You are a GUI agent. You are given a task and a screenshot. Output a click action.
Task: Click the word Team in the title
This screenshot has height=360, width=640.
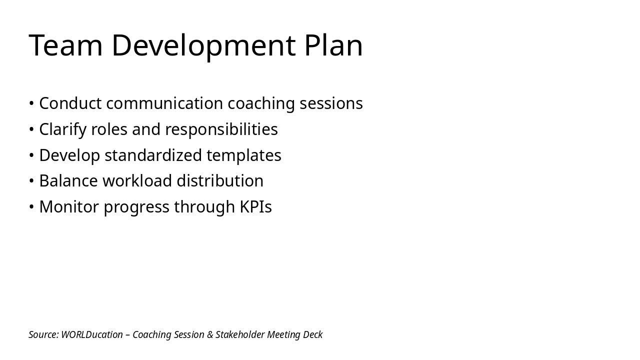(x=66, y=45)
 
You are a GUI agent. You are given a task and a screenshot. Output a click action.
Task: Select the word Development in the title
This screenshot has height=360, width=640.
(x=203, y=45)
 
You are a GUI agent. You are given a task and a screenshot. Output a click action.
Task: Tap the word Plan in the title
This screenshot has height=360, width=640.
(x=333, y=45)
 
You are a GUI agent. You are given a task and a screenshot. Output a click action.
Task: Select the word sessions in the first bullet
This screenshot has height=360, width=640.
(x=331, y=103)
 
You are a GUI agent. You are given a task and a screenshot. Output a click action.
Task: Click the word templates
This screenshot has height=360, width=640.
(x=244, y=155)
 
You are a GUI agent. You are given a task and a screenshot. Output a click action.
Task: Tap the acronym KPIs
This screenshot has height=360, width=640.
(x=255, y=207)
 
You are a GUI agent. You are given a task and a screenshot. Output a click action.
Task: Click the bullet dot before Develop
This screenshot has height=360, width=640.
(x=31, y=156)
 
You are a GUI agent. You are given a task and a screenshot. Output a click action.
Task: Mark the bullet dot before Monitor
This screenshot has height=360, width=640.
(x=31, y=207)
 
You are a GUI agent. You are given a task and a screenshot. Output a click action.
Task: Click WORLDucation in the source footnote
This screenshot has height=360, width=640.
(x=92, y=334)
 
